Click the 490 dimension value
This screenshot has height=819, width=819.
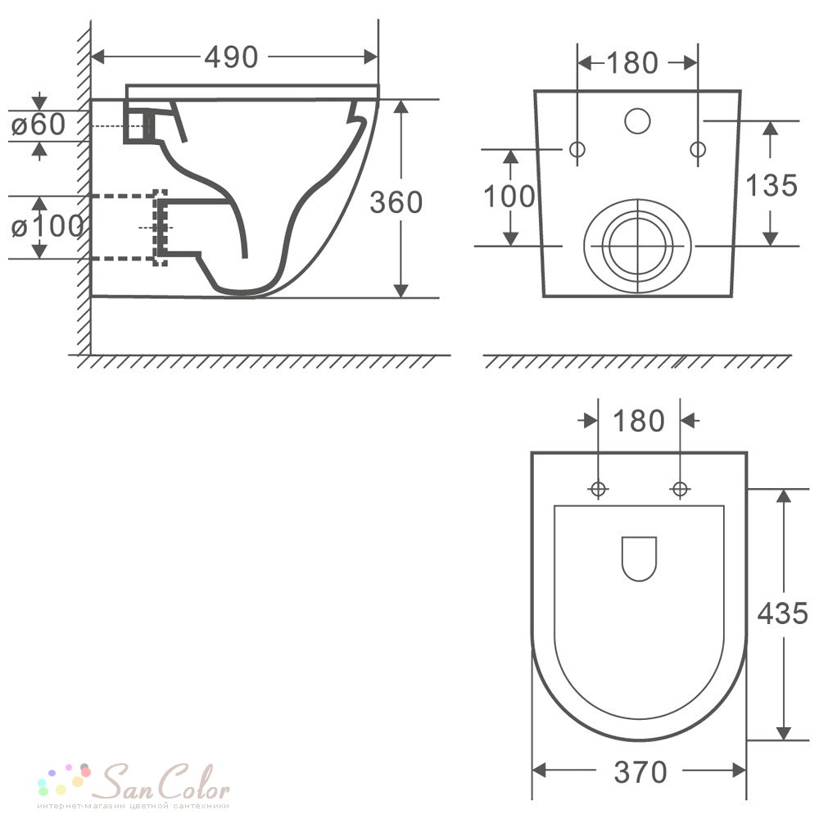231,57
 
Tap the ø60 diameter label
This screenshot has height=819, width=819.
38,124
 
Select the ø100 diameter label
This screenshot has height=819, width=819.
47,226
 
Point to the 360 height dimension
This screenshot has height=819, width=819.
396,202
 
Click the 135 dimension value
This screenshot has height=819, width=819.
771,185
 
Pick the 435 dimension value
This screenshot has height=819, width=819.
783,613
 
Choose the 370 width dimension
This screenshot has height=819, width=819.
640,772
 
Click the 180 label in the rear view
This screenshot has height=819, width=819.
632,63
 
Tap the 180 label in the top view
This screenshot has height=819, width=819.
638,420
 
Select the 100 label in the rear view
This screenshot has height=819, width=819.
509,197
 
